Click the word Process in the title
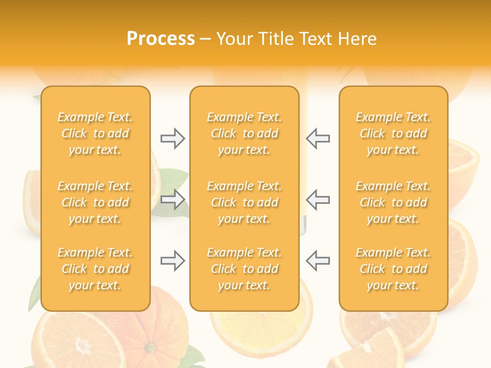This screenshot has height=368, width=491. pyautogui.click(x=161, y=39)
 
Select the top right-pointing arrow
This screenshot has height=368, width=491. pyautogui.click(x=172, y=139)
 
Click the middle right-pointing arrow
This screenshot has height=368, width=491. pyautogui.click(x=172, y=199)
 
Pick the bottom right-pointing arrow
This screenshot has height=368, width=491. pyautogui.click(x=172, y=261)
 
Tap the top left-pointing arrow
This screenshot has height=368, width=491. pyautogui.click(x=318, y=139)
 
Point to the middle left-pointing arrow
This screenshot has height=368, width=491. pyautogui.click(x=318, y=199)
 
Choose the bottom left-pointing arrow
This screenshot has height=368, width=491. pyautogui.click(x=318, y=261)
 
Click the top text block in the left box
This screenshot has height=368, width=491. pyautogui.click(x=95, y=133)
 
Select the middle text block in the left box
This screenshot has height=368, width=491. pyautogui.click(x=95, y=202)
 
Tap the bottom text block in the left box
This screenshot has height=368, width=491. pyautogui.click(x=95, y=269)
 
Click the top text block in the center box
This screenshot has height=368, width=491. pyautogui.click(x=244, y=133)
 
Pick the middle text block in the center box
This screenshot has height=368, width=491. pyautogui.click(x=244, y=202)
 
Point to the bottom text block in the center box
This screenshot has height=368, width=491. pyautogui.click(x=244, y=269)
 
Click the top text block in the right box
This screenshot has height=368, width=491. pyautogui.click(x=393, y=133)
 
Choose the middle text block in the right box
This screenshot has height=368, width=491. pyautogui.click(x=393, y=202)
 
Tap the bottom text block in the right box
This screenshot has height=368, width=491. pyautogui.click(x=393, y=269)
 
